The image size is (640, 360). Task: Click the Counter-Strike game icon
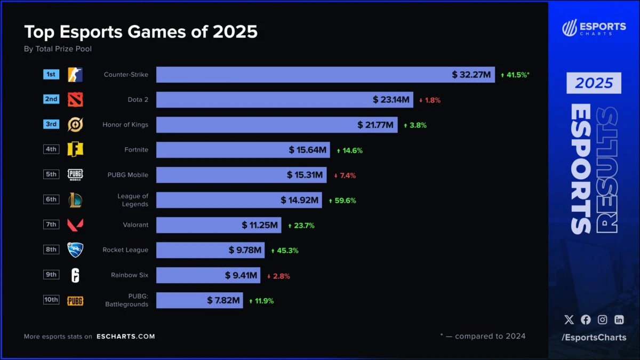pos(75,75)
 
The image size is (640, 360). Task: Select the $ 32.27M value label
pos(471,75)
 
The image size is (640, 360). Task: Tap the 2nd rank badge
pos(51,99)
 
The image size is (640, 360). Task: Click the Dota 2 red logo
pos(75,100)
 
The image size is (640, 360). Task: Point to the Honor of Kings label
pos(125,125)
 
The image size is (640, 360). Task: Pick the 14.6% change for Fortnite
pos(349,150)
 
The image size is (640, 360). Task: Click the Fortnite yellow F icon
pos(75,150)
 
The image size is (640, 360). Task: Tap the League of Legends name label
pos(133,200)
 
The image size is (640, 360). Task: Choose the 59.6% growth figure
pos(342,201)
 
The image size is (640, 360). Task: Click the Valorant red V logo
pos(75,225)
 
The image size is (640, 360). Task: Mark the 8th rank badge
pos(51,249)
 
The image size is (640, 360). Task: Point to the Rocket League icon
pos(75,250)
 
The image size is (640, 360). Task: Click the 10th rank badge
pos(51,300)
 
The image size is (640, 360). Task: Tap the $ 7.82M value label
pos(223,300)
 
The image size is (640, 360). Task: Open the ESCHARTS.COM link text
pos(126,337)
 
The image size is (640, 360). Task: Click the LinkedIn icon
pos(619,319)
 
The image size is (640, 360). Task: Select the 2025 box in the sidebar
pos(594,83)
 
